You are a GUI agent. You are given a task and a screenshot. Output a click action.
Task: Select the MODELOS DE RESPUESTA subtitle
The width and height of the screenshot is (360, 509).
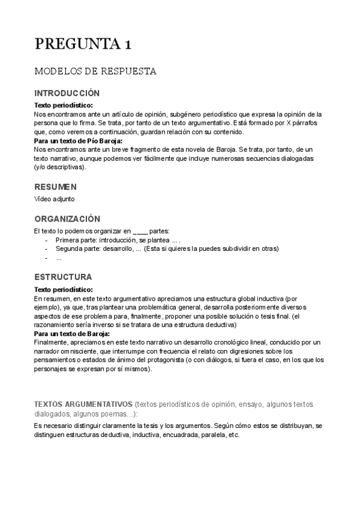click(x=95, y=71)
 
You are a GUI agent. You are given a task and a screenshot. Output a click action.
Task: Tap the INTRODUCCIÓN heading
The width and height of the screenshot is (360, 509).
click(x=67, y=94)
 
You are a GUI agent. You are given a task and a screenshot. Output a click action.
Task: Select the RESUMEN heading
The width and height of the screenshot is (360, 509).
click(x=55, y=187)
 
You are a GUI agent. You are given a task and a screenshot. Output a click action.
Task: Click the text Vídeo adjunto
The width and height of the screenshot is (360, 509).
click(x=55, y=199)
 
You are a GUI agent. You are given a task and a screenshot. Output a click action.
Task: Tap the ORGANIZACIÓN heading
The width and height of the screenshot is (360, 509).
click(x=67, y=219)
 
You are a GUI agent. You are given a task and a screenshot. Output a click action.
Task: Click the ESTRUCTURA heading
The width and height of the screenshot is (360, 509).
click(x=63, y=277)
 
